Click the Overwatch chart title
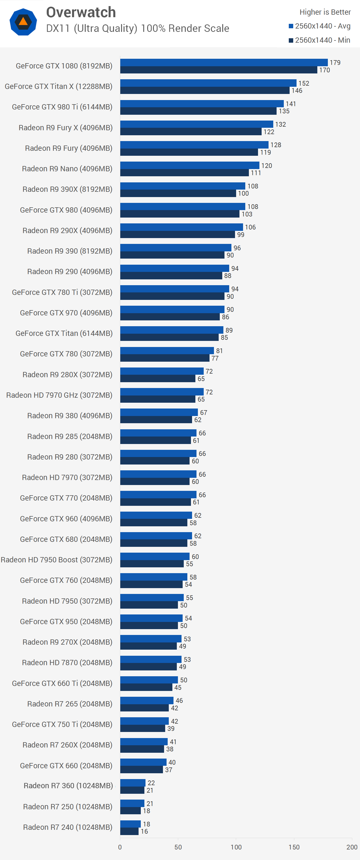81,13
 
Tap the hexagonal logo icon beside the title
23,22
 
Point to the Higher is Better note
325,12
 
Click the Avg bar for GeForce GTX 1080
224,62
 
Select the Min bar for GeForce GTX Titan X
205,90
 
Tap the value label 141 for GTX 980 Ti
291,104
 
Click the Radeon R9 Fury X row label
65,127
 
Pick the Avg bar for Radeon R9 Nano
190,165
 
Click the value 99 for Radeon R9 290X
241,235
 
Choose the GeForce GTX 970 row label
66,313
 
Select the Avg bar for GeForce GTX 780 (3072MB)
167,351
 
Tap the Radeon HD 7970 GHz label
59,395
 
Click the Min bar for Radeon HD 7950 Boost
152,564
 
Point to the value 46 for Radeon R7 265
179,700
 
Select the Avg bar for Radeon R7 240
130,824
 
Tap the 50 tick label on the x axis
178,847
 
